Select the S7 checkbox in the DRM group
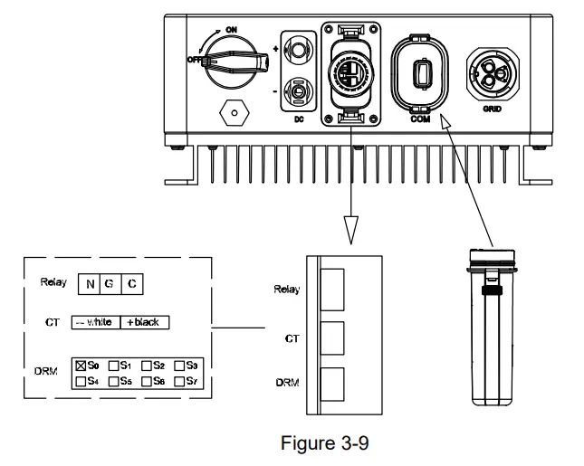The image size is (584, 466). [x=179, y=380]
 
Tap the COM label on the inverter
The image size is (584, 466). [x=419, y=119]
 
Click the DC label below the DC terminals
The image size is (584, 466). [x=295, y=119]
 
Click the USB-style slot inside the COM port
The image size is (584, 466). [x=420, y=71]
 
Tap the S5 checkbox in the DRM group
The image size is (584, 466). [x=113, y=380]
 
